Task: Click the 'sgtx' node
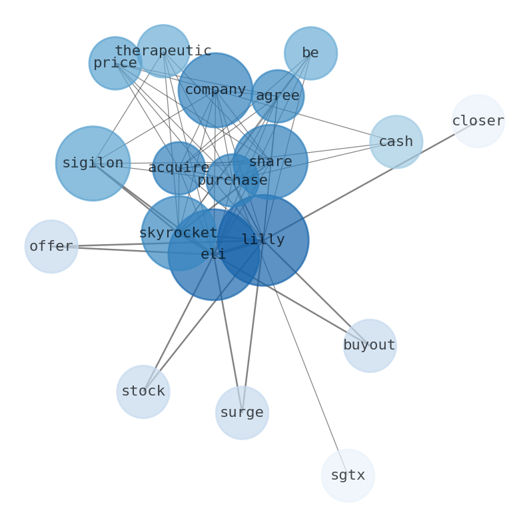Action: click(x=348, y=476)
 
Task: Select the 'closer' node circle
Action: click(x=478, y=121)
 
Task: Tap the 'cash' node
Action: click(x=396, y=142)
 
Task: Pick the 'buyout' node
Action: click(x=370, y=346)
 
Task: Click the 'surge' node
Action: click(x=242, y=412)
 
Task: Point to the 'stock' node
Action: click(x=143, y=392)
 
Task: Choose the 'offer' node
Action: click(x=51, y=246)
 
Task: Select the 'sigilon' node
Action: click(x=93, y=163)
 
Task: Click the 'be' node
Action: click(x=310, y=53)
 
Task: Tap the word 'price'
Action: click(x=115, y=63)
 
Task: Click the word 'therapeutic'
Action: click(x=163, y=51)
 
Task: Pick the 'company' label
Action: click(x=216, y=90)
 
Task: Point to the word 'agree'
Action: click(x=278, y=95)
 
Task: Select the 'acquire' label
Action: click(x=179, y=167)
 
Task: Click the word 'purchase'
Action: click(x=233, y=180)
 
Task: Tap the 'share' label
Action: click(x=270, y=161)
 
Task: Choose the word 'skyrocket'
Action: click(x=179, y=233)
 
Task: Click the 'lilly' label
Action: click(x=263, y=240)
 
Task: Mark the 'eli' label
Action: click(x=213, y=254)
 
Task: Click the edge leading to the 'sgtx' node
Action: click(x=305, y=358)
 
